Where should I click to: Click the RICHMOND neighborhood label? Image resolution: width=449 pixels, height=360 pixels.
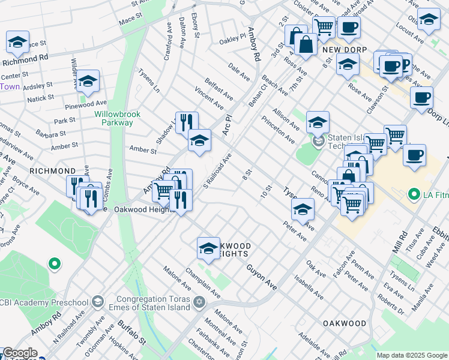52,171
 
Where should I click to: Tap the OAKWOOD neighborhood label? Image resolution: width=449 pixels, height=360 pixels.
345,323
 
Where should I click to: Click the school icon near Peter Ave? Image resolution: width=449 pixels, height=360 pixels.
303,210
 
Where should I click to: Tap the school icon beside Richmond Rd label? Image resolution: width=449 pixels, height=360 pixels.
18,43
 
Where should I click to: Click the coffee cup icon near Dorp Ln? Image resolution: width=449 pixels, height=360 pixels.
421,98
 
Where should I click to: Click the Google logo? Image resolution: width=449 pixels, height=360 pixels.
20,353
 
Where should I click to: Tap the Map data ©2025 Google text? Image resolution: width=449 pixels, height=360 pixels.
411,355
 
